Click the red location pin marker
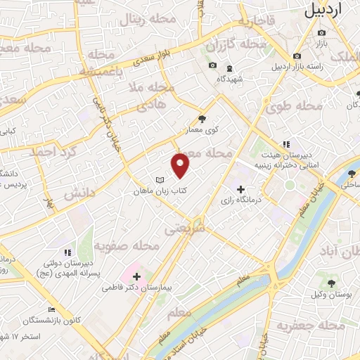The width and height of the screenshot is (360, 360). tap(181, 164)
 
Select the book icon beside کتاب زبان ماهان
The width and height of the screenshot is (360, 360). tap(159, 179)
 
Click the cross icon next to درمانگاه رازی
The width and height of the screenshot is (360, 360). tap(240, 189)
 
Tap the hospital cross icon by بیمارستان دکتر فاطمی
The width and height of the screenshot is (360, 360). tap(136, 276)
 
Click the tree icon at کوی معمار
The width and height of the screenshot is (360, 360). tap(203, 119)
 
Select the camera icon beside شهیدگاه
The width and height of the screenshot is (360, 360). tap(212, 66)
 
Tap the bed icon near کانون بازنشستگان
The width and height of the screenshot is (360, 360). tap(51, 310)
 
